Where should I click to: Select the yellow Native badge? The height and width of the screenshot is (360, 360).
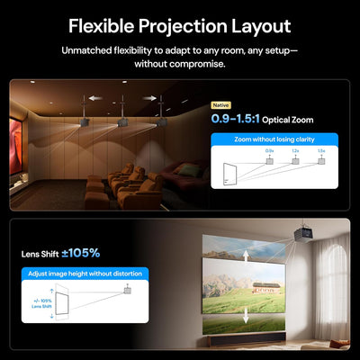[221, 105]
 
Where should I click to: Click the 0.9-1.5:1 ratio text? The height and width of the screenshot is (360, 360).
[242, 119]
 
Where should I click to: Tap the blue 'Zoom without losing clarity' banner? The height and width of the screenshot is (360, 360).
[274, 140]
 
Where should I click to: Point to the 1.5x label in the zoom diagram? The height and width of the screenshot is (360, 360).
[321, 151]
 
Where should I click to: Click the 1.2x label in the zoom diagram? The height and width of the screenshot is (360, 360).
[295, 151]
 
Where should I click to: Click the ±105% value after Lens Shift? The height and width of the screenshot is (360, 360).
[82, 253]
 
